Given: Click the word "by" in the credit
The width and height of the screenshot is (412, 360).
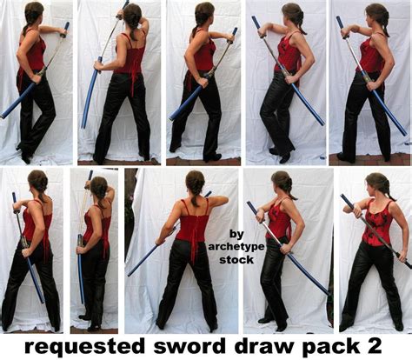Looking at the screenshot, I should (236, 233).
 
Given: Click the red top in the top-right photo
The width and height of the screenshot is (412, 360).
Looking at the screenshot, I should (371, 55).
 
